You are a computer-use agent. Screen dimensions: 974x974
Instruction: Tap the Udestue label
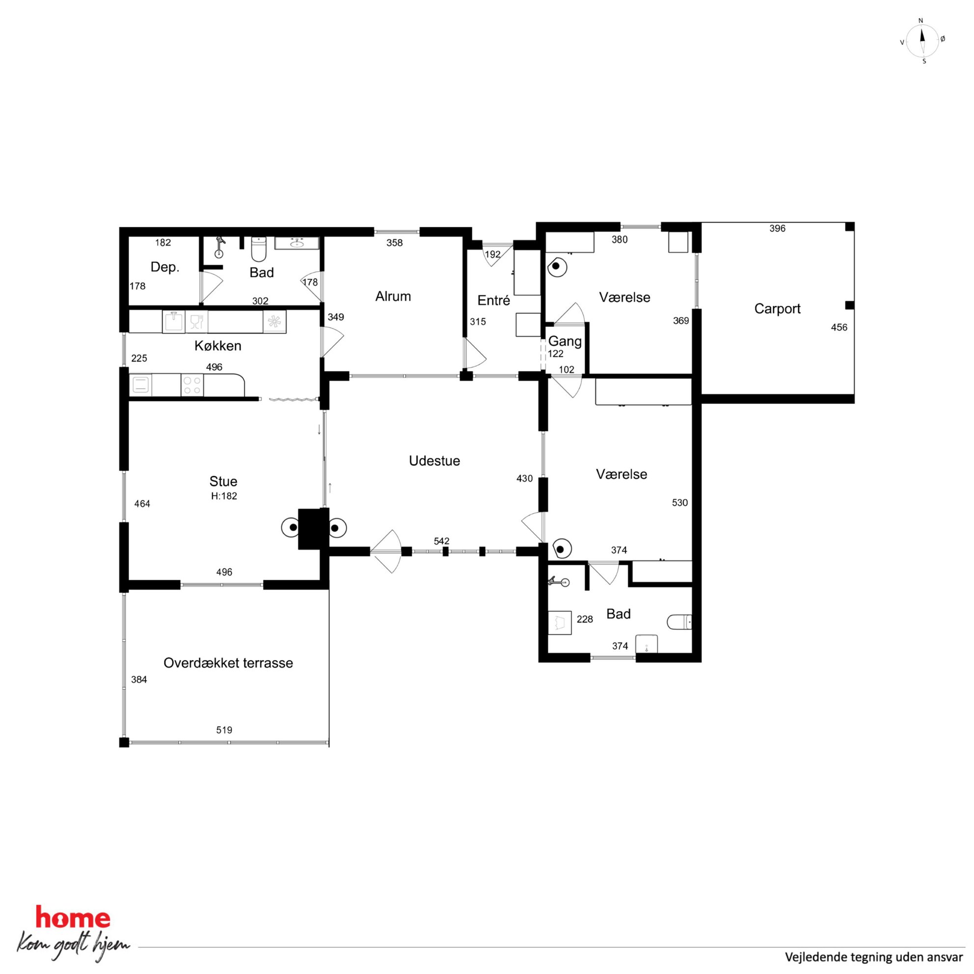tap(434, 461)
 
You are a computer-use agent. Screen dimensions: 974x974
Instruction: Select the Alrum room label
tap(393, 296)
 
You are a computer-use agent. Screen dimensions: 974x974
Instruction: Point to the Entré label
tap(493, 300)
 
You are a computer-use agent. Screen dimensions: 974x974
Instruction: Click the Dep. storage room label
tap(165, 267)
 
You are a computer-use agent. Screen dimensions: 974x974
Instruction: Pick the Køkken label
tap(218, 345)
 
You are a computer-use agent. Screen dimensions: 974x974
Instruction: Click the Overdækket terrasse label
tap(228, 662)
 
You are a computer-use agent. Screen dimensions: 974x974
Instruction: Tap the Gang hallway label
tap(565, 341)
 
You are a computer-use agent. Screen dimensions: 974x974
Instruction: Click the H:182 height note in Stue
tap(224, 495)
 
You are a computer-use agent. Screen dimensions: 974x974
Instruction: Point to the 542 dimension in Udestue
tap(441, 541)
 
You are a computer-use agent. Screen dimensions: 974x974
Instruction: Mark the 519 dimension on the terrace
tap(224, 730)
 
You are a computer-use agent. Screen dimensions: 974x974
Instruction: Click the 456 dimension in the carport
tap(839, 327)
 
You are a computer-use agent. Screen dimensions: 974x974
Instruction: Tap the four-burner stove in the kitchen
tap(191, 386)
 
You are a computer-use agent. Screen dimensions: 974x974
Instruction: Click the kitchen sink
tap(173, 321)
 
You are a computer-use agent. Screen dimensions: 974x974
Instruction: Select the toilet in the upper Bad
tap(259, 249)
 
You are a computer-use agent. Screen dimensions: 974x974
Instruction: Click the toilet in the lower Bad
tap(679, 622)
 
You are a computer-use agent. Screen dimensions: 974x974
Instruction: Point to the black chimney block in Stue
tap(314, 528)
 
